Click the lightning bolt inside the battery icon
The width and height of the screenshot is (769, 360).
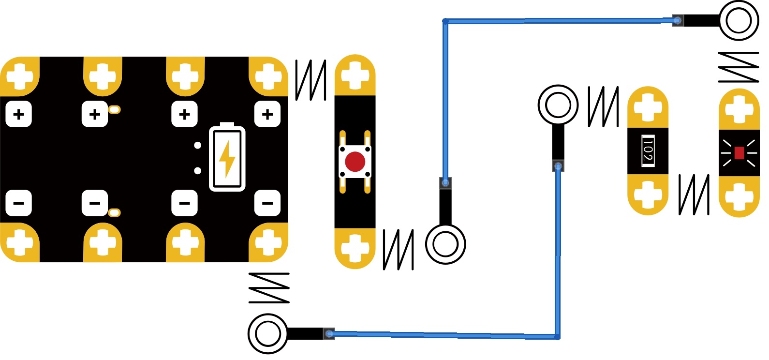[x=227, y=158]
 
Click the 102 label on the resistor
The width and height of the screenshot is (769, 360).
[x=648, y=151]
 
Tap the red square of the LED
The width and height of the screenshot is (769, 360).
[x=739, y=153]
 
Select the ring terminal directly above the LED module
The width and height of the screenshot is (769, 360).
[x=739, y=21]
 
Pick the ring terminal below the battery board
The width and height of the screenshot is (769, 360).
[x=267, y=333]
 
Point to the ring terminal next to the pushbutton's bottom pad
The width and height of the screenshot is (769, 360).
[x=445, y=244]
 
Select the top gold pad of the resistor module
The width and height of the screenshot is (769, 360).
[x=648, y=107]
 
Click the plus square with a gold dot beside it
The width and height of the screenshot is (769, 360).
[x=95, y=114]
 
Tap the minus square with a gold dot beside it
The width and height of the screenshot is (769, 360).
[x=95, y=203]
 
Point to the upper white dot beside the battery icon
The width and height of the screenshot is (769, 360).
[x=197, y=145]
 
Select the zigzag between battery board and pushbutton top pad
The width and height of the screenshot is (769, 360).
[x=311, y=80]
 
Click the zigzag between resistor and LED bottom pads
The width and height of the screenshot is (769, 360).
[x=694, y=195]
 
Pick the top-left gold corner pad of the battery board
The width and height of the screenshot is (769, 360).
[x=19, y=76]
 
